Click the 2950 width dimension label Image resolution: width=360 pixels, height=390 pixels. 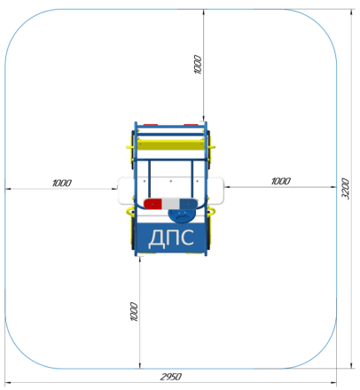click(171, 377)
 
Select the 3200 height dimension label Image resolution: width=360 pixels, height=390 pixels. click(346, 189)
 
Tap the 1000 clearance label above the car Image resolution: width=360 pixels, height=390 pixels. click(198, 65)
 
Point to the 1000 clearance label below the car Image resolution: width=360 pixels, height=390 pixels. click(134, 311)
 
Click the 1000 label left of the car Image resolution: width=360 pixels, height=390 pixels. click(62, 183)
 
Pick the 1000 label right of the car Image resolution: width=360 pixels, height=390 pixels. click(281, 181)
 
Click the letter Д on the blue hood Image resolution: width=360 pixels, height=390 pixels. click(155, 238)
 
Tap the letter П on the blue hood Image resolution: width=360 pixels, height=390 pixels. click(171, 238)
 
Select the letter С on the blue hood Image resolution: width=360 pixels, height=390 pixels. click(187, 238)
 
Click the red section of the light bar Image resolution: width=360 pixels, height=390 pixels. click(153, 204)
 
